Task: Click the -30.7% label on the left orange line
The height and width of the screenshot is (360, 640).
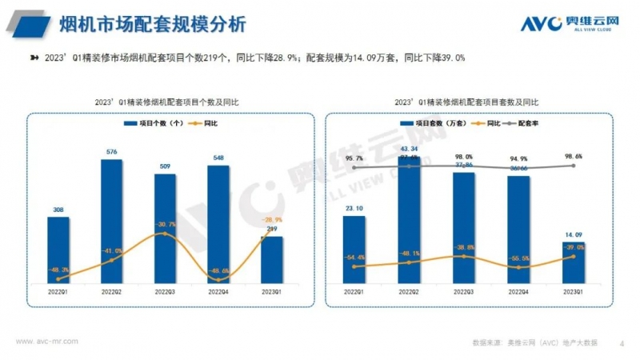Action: pyautogui.click(x=166, y=223)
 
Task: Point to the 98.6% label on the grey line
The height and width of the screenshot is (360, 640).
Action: pyautogui.click(x=573, y=156)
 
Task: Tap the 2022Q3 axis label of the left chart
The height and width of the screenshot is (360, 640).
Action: pyautogui.click(x=165, y=293)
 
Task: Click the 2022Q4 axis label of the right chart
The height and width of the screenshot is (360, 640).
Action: pyautogui.click(x=518, y=293)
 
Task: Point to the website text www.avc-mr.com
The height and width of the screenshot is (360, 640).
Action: pyautogui.click(x=47, y=341)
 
